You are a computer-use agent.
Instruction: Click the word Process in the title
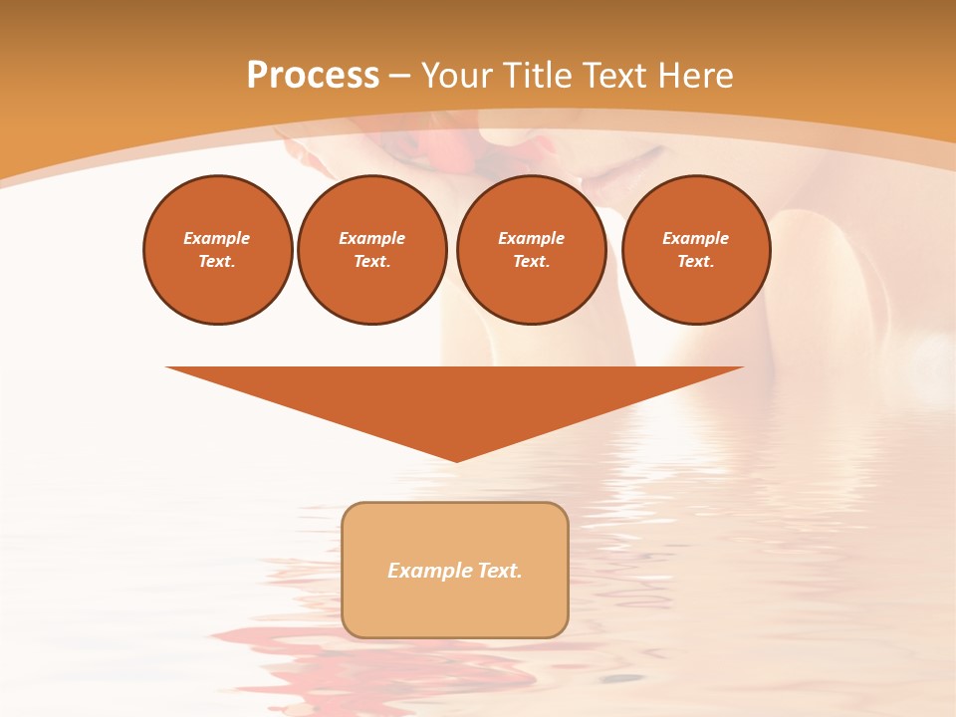[x=313, y=76]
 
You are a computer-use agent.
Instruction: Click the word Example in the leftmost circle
[x=217, y=238]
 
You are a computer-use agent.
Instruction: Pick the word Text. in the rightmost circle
[x=696, y=261]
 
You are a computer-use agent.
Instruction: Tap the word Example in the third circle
[x=532, y=238]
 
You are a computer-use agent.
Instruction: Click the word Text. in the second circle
[x=372, y=261]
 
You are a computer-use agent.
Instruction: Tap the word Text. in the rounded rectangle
[x=501, y=571]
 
